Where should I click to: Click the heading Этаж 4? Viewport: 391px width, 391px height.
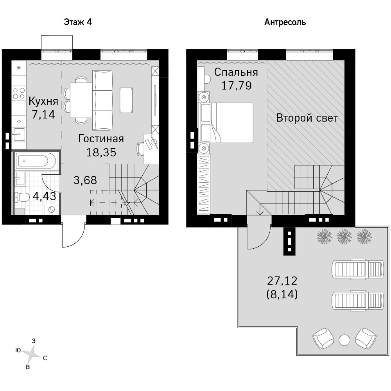pos(78,22)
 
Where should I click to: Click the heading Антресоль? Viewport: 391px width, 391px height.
pos(285,22)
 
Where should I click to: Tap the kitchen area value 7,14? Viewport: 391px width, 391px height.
pos(43,115)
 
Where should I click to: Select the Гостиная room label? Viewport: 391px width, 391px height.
pos(101,139)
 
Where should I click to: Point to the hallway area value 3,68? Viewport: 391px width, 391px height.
pos(85,180)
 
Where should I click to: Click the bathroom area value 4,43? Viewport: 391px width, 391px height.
pos(45,196)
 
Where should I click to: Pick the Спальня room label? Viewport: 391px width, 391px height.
pos(236,72)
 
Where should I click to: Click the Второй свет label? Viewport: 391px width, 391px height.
pos(307,118)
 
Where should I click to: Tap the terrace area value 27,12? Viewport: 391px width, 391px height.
pos(282,281)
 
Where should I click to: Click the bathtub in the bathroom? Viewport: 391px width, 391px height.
pos(36,161)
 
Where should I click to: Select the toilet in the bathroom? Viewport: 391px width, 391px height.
pos(22,197)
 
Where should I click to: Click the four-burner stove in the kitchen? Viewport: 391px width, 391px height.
pos(19,93)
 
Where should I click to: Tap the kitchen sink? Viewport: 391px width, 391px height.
pos(19,135)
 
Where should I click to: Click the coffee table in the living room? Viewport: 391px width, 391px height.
pos(126,100)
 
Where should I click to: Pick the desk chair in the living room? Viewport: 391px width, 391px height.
pos(140,149)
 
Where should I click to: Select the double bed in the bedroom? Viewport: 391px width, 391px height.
pos(226,123)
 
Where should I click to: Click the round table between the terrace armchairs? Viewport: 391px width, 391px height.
pos(344,340)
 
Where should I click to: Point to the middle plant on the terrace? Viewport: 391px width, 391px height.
pos(344,237)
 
